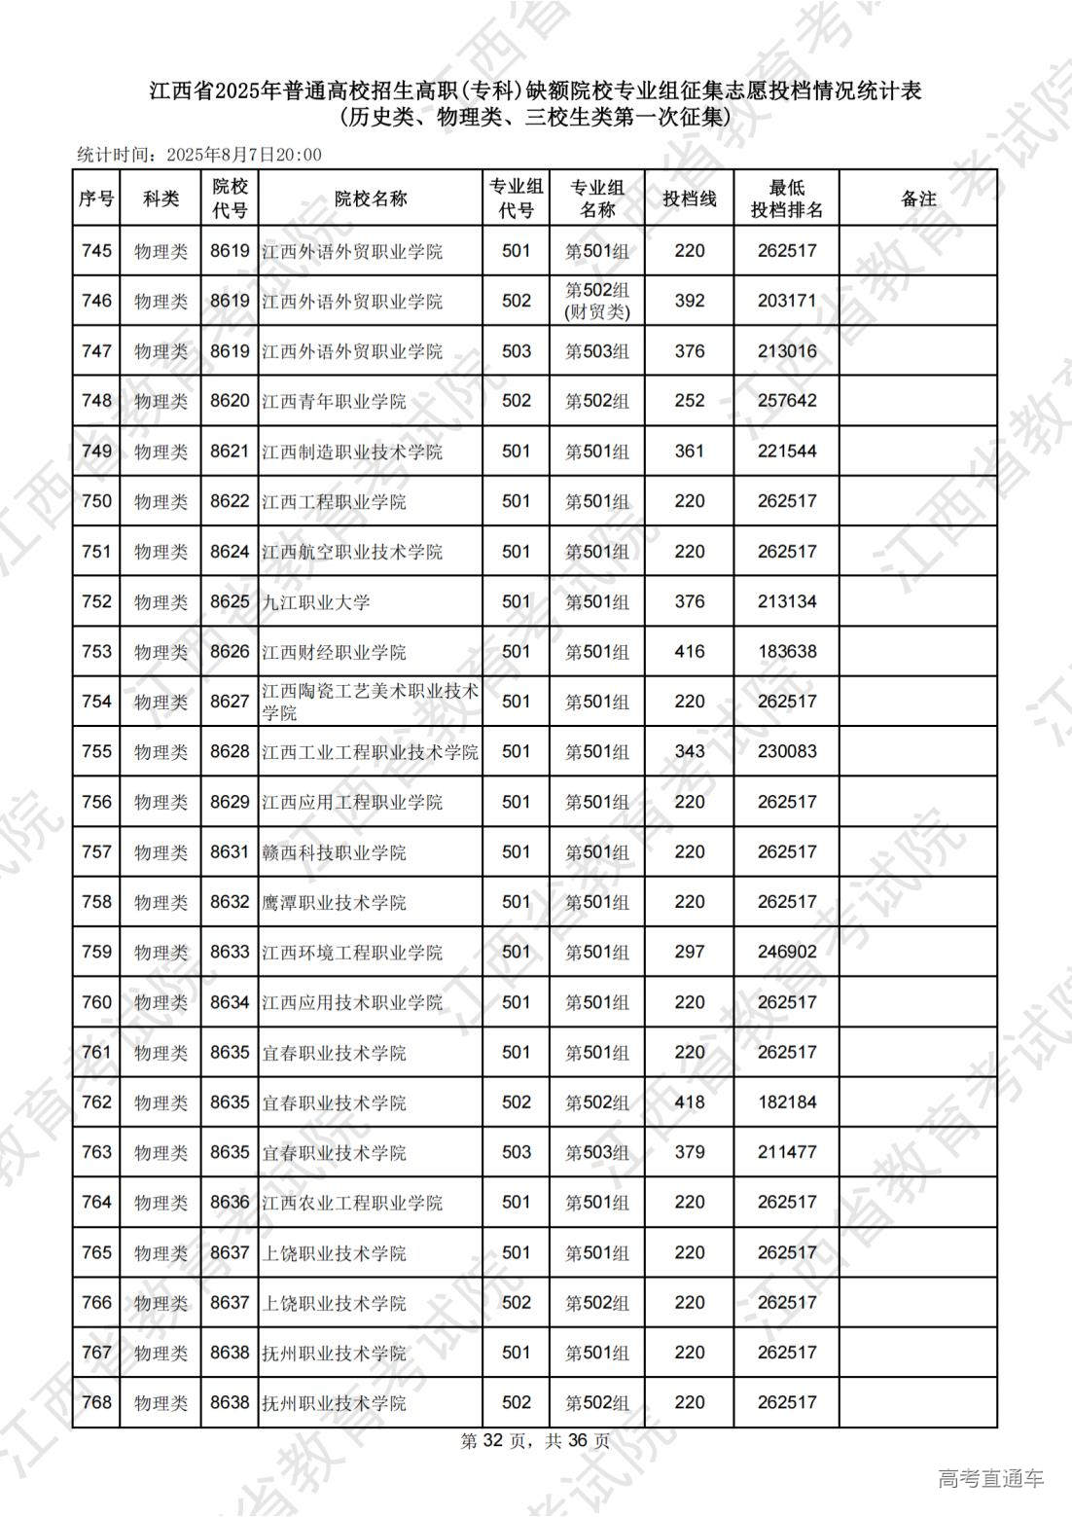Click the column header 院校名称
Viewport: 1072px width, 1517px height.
pyautogui.click(x=370, y=199)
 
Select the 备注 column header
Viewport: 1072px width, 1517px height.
pyautogui.click(x=917, y=199)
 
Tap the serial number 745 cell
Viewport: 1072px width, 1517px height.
pyautogui.click(x=96, y=251)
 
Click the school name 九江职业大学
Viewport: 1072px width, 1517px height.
pyautogui.click(x=316, y=602)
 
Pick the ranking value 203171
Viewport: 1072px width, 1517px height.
pyautogui.click(x=786, y=301)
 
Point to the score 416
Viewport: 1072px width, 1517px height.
pyautogui.click(x=689, y=652)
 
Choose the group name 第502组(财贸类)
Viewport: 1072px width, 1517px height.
pyautogui.click(x=597, y=301)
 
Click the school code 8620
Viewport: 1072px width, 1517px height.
pyautogui.click(x=230, y=401)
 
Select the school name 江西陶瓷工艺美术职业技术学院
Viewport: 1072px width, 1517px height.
pyautogui.click(x=370, y=702)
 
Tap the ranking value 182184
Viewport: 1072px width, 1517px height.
pyautogui.click(x=786, y=1102)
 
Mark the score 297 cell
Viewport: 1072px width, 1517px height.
pyautogui.click(x=689, y=952)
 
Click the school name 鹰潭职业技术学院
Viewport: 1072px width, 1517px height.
pyautogui.click(x=334, y=903)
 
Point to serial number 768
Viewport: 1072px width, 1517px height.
pyautogui.click(x=96, y=1402)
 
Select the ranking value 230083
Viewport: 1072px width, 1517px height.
pyautogui.click(x=786, y=752)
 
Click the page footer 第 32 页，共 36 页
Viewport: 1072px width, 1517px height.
pyautogui.click(x=535, y=1441)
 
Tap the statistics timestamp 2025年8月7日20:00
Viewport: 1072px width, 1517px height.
pyautogui.click(x=243, y=155)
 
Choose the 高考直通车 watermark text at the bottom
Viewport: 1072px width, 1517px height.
pyautogui.click(x=990, y=1479)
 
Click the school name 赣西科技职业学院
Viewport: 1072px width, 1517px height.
pyautogui.click(x=334, y=852)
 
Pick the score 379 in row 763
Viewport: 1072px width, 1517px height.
pyautogui.click(x=689, y=1152)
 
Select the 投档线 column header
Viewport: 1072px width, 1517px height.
pyautogui.click(x=689, y=199)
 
